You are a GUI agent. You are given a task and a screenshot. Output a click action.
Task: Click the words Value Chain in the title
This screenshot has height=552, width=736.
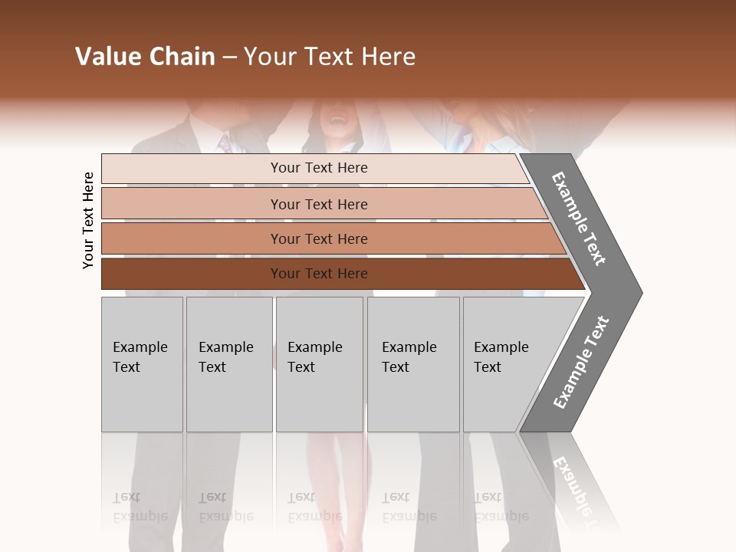pyautogui.click(x=145, y=57)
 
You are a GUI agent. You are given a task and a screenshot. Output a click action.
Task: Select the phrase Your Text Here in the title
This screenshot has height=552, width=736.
pyautogui.click(x=330, y=57)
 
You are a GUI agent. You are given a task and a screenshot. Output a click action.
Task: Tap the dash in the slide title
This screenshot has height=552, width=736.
pyautogui.click(x=228, y=58)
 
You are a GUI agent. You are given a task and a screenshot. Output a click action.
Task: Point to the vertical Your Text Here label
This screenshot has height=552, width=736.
pyautogui.click(x=88, y=220)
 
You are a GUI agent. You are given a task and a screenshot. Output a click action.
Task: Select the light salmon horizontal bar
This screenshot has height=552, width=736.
pyautogui.click(x=318, y=204)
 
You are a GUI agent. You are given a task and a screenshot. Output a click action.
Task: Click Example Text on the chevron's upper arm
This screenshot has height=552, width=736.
pyautogui.click(x=579, y=219)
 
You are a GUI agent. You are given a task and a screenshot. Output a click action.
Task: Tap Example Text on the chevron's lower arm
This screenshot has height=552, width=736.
pyautogui.click(x=581, y=363)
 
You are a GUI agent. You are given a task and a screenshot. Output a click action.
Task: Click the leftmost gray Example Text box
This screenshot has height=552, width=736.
pyautogui.click(x=142, y=364)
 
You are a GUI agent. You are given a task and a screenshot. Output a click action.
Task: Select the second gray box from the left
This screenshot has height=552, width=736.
pyautogui.click(x=229, y=364)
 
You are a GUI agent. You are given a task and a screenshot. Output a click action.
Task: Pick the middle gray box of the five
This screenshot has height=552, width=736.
pyautogui.click(x=319, y=364)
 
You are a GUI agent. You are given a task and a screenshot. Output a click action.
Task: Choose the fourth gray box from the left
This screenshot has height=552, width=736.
pyautogui.click(x=413, y=364)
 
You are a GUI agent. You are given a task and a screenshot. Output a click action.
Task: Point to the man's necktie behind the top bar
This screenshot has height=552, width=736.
pyautogui.click(x=225, y=143)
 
